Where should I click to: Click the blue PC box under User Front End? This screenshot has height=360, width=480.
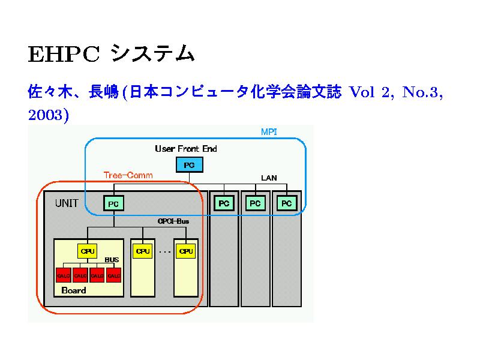189,165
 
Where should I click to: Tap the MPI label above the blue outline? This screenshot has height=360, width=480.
268,131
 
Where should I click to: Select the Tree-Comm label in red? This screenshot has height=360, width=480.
128,175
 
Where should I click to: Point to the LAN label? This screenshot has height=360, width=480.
269,178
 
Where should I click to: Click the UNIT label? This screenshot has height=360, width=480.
67,203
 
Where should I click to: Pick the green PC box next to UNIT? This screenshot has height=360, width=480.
113,204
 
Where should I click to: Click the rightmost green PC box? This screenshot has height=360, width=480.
287,203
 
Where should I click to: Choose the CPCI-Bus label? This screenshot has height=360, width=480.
173,221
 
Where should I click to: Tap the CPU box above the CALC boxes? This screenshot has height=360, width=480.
88,251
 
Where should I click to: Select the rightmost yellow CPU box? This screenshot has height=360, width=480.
186,251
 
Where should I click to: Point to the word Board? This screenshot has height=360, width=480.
74,290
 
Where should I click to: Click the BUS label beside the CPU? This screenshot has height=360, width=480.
112,260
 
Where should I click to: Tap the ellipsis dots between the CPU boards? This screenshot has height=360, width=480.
165,252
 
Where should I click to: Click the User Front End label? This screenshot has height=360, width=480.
186,148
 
